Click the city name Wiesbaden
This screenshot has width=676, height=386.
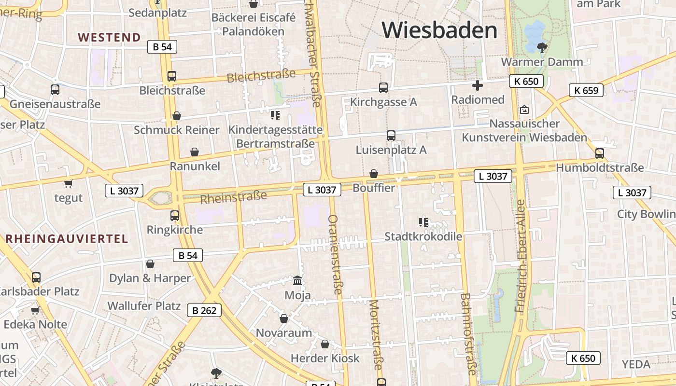(439, 30)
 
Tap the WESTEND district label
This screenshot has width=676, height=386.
(109, 38)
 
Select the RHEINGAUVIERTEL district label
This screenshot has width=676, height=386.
(67, 239)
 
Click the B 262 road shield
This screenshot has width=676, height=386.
(204, 310)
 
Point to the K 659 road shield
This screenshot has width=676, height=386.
(586, 90)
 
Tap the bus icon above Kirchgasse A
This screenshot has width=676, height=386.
(383, 88)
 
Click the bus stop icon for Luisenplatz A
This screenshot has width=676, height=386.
(391, 136)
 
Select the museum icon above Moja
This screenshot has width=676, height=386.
(298, 280)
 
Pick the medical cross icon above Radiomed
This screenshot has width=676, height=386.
(478, 86)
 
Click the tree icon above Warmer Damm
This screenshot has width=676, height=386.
(542, 47)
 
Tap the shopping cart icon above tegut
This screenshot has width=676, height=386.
(68, 183)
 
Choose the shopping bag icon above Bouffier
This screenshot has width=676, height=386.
(373, 174)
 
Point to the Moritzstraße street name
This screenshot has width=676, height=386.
(375, 334)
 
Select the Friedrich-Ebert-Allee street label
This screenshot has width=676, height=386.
(521, 256)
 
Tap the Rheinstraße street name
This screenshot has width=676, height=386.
(233, 197)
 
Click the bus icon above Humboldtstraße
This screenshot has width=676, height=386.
(600, 153)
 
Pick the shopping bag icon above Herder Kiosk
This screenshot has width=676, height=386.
(325, 344)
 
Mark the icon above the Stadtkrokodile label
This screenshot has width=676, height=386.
(423, 222)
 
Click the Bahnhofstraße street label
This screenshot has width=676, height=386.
(467, 333)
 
